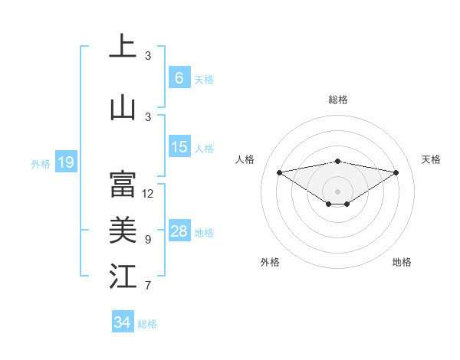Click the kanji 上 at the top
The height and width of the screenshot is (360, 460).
[123, 46]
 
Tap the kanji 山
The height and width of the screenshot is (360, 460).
[123, 106]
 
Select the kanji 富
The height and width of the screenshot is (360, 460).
[123, 184]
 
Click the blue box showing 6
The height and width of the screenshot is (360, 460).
[179, 77]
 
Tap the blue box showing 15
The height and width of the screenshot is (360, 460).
[179, 146]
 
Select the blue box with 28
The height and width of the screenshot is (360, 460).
[179, 231]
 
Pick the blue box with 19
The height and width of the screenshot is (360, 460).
[65, 162]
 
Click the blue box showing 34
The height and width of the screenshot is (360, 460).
[122, 322]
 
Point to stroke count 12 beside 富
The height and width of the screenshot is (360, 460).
[148, 194]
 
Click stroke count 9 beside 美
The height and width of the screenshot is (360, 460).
[148, 240]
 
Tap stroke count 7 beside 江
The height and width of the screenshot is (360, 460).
[148, 286]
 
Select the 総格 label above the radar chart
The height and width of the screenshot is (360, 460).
[337, 100]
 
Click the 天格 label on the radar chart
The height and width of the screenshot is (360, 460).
[431, 159]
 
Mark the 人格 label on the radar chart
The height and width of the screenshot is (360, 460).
[245, 159]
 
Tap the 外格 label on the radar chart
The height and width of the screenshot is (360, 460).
[270, 262]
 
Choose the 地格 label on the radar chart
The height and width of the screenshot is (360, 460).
[402, 262]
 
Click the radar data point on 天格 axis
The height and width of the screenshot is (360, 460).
[396, 172]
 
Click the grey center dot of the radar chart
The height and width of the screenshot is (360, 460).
[337, 191]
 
